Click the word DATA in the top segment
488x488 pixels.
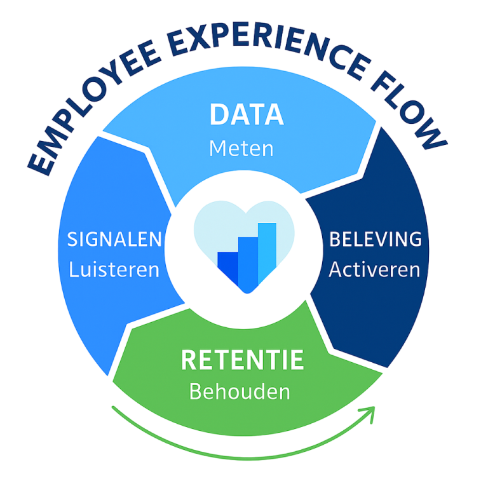(247, 114)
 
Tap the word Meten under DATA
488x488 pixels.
(241, 149)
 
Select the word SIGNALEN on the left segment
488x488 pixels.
(114, 240)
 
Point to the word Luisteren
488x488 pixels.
(114, 269)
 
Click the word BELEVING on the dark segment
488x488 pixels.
(375, 240)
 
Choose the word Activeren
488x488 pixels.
(374, 269)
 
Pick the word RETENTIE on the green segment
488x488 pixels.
(242, 360)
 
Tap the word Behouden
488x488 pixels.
(240, 391)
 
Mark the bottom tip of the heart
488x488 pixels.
(244, 293)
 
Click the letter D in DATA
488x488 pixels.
(219, 114)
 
